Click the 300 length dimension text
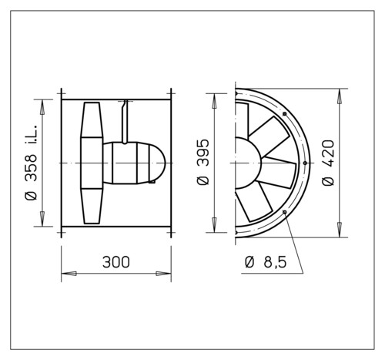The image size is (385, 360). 116,262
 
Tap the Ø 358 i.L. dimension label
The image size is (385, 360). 32,163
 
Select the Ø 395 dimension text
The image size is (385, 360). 203,162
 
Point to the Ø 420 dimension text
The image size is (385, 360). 328,163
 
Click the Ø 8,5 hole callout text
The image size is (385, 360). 266,262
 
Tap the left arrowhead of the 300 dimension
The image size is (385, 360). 69,274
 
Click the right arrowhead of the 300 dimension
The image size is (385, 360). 163,274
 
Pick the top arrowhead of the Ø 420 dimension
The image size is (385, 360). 340,96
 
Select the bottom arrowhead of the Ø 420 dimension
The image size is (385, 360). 340,230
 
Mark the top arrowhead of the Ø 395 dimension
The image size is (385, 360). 214,101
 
